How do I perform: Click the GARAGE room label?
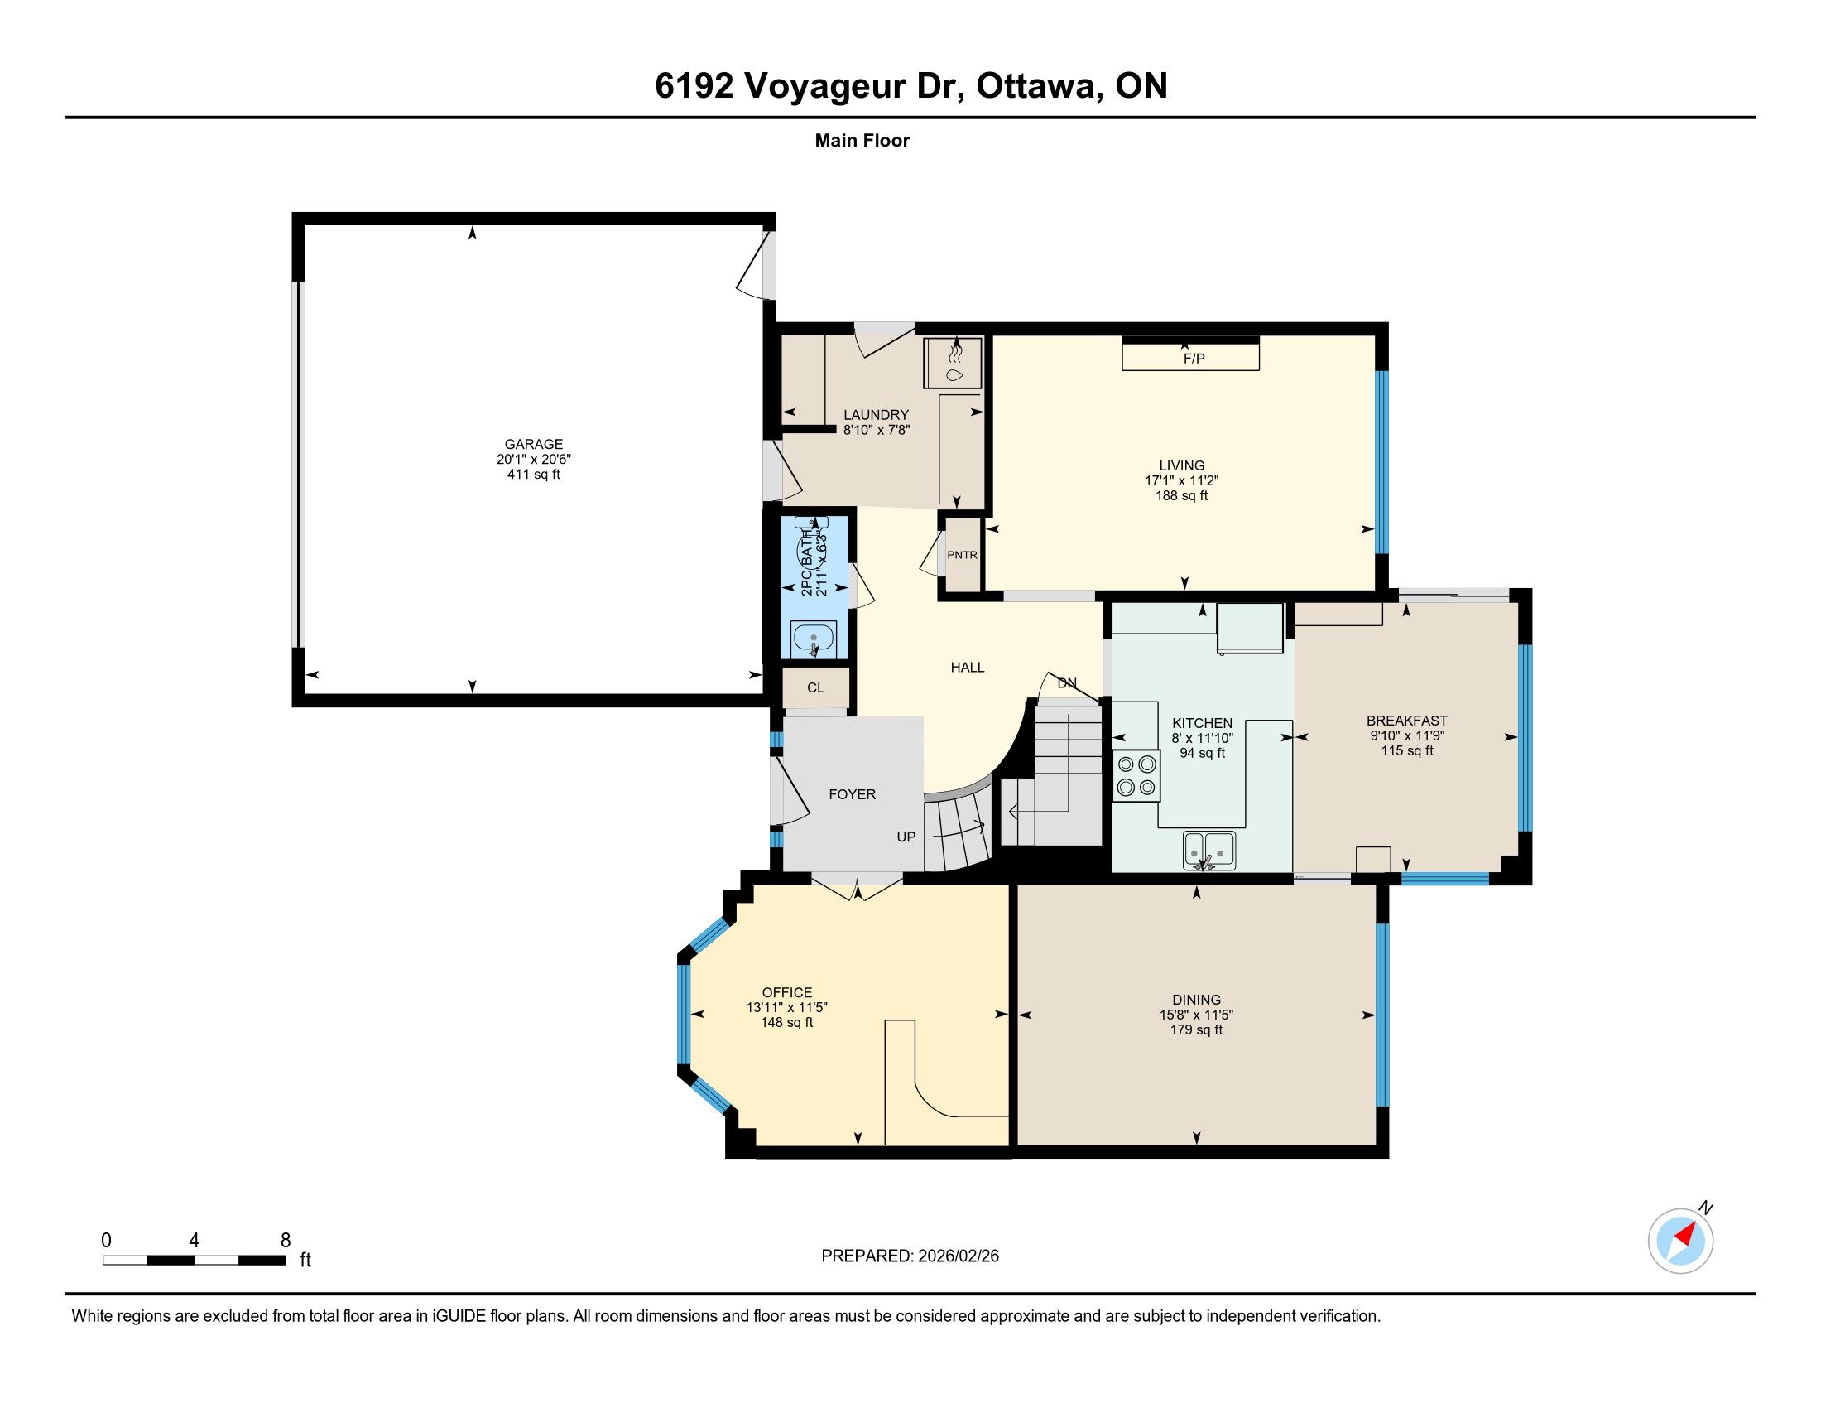click(x=534, y=445)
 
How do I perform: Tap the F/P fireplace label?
click(x=1194, y=359)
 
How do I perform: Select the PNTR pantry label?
click(x=962, y=555)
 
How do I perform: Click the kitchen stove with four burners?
click(x=1136, y=776)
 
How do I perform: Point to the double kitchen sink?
click(x=1209, y=850)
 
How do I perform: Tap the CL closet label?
click(x=815, y=687)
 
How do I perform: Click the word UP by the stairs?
click(x=906, y=837)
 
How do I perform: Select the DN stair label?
click(x=1067, y=683)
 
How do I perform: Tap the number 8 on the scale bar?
click(x=286, y=1240)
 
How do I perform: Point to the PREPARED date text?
click(x=910, y=1256)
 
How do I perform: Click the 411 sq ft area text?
click(x=534, y=475)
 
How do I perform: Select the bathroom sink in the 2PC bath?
click(x=813, y=640)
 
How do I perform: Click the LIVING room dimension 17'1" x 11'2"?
click(x=1181, y=480)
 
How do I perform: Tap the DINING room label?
click(x=1197, y=1000)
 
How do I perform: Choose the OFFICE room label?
click(x=787, y=992)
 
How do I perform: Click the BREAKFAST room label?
click(x=1406, y=721)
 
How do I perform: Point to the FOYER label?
click(x=852, y=795)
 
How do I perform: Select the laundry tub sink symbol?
click(x=953, y=363)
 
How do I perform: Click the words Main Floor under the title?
click(x=862, y=141)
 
